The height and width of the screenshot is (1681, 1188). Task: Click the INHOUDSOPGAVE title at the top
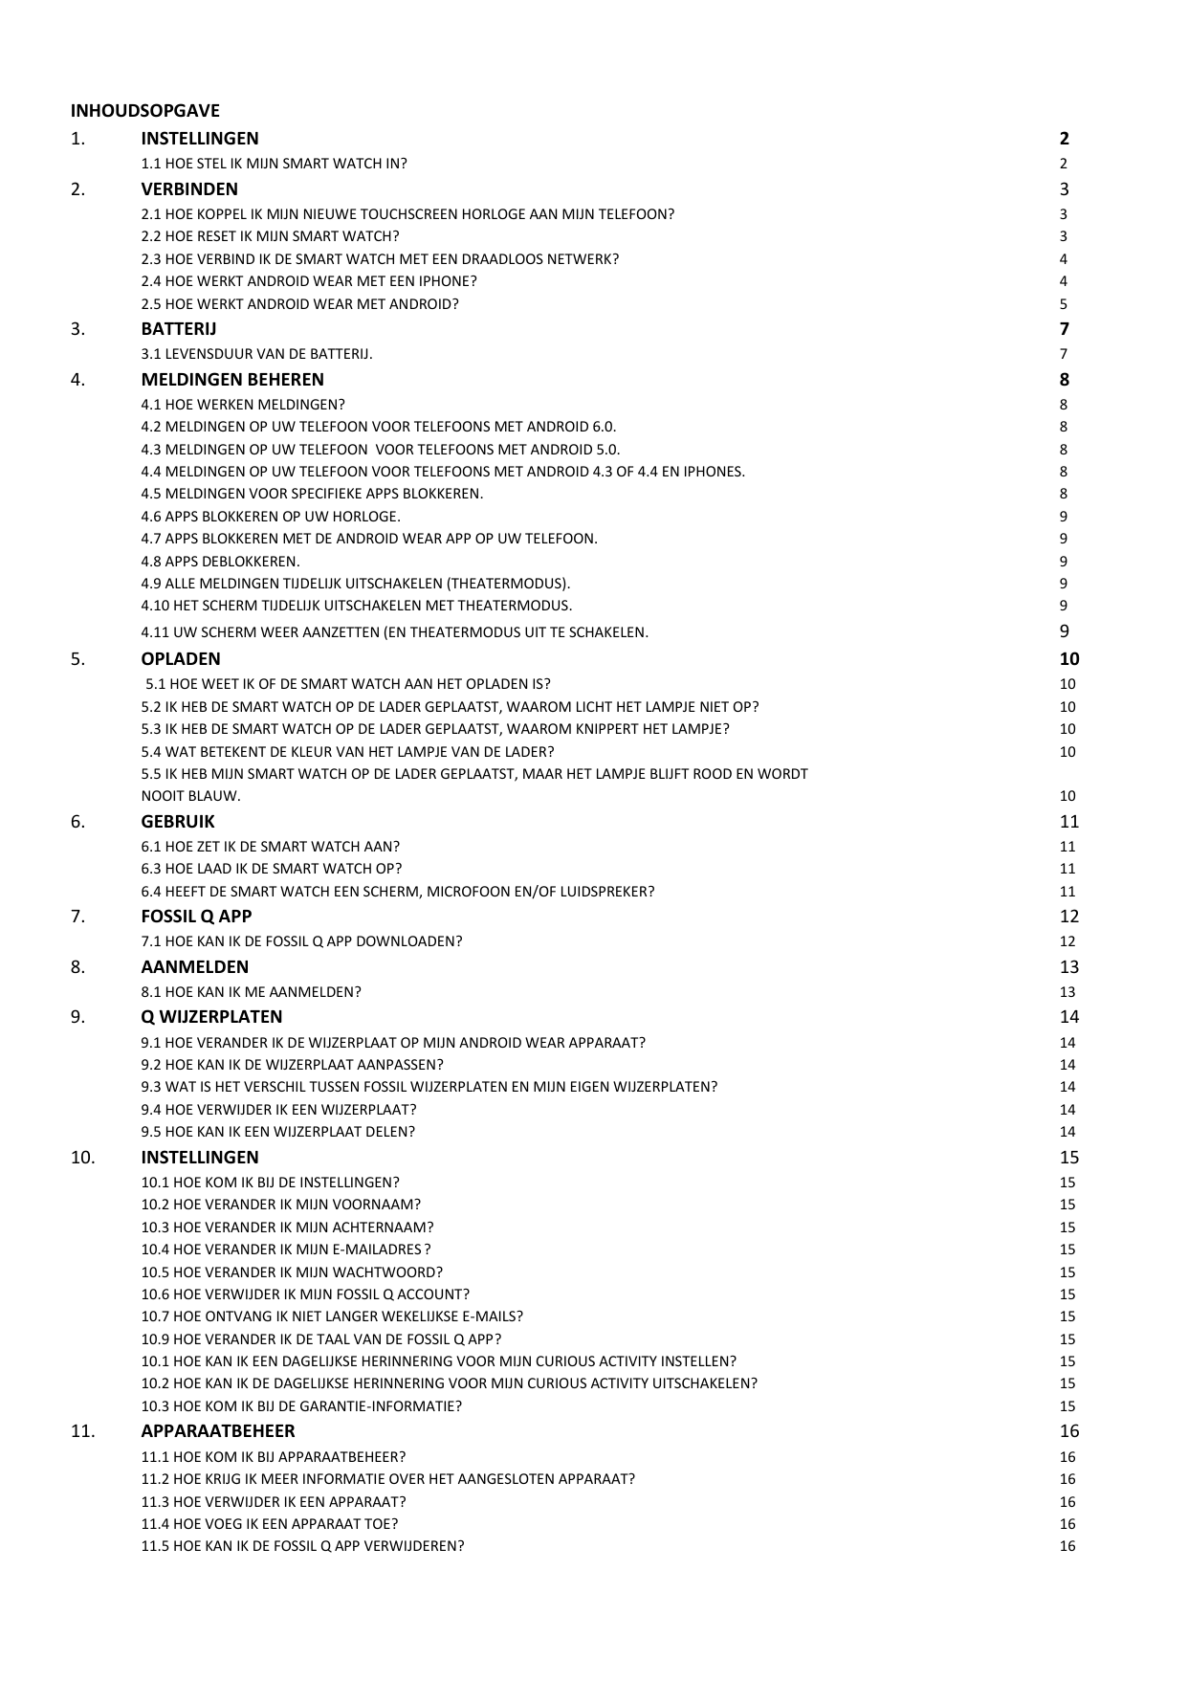click(144, 111)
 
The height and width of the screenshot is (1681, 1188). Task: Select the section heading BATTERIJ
click(178, 329)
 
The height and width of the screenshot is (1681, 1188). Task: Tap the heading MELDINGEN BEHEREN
click(232, 380)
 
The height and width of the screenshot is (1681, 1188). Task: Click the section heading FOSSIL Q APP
click(196, 917)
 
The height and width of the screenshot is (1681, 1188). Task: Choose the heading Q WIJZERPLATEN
click(211, 1017)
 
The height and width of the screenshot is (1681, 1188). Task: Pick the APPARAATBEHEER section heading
click(218, 1431)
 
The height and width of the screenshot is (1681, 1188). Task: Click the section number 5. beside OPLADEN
click(78, 659)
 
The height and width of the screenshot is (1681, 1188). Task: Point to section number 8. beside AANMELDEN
click(78, 967)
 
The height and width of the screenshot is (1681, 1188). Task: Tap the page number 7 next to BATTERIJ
click(1064, 329)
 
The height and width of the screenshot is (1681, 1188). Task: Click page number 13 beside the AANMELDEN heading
click(1068, 967)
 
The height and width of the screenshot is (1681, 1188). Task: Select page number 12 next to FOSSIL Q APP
click(1068, 917)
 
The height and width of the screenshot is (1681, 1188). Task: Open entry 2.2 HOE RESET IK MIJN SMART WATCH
click(270, 236)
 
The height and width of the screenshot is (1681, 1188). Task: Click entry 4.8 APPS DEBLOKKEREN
click(220, 562)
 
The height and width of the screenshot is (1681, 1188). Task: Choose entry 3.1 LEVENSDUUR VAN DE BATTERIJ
click(256, 354)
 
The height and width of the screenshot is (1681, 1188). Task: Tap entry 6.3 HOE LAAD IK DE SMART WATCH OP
click(271, 869)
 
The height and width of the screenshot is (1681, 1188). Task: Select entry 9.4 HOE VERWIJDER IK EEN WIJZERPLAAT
click(278, 1110)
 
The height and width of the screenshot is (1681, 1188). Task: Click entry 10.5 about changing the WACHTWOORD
click(292, 1272)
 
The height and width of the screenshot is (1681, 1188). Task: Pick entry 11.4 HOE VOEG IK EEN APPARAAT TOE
click(269, 1524)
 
